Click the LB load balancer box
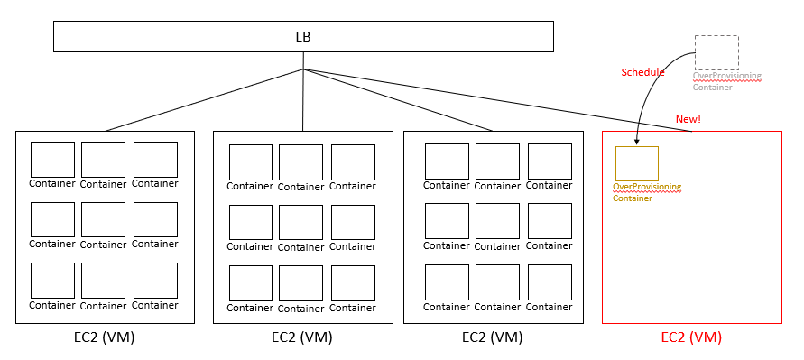(x=303, y=36)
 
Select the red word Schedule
(x=642, y=72)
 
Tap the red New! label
(x=688, y=119)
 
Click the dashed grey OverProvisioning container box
(x=716, y=52)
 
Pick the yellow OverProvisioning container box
(x=637, y=163)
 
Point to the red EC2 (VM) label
(x=691, y=338)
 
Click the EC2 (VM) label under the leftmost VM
(x=105, y=338)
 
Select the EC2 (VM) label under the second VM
(x=302, y=338)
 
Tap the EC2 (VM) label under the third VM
(x=492, y=338)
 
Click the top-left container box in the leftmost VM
(x=52, y=160)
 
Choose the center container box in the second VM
(x=300, y=223)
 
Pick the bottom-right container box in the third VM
(x=550, y=282)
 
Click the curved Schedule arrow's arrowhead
(x=637, y=143)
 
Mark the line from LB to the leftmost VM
(x=203, y=100)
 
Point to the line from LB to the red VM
(x=496, y=100)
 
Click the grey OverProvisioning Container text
(x=726, y=81)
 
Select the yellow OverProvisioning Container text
(x=646, y=192)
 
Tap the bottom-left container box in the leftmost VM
(x=52, y=281)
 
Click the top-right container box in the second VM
(x=352, y=162)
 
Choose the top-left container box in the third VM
(x=447, y=161)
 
